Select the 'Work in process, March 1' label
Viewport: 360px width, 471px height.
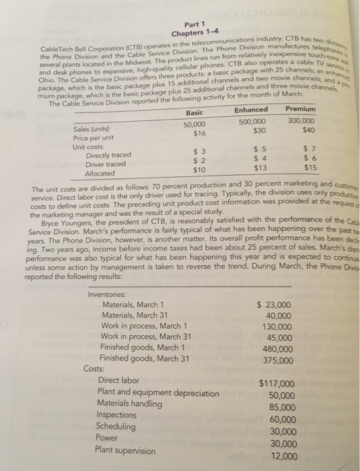pyautogui.click(x=145, y=326)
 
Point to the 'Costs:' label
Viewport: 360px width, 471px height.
pyautogui.click(x=94, y=369)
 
